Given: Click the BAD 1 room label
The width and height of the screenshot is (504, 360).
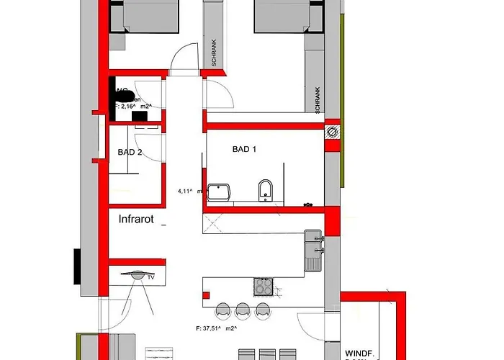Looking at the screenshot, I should [x=245, y=150].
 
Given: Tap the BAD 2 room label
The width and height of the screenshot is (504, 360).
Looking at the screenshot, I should [x=130, y=152].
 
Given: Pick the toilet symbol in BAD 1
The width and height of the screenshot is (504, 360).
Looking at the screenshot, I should [x=265, y=191].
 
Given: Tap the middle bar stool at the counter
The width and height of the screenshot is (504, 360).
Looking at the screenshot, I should [x=242, y=310].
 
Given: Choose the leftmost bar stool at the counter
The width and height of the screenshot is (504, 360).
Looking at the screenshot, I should [x=222, y=310].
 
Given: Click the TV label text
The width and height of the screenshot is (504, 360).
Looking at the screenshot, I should [x=151, y=276].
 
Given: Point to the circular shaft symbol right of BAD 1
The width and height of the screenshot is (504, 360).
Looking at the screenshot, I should [x=332, y=131].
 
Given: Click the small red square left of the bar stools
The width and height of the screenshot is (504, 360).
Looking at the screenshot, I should [x=205, y=294].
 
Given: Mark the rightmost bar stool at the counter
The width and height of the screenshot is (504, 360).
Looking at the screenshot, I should [x=262, y=310].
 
